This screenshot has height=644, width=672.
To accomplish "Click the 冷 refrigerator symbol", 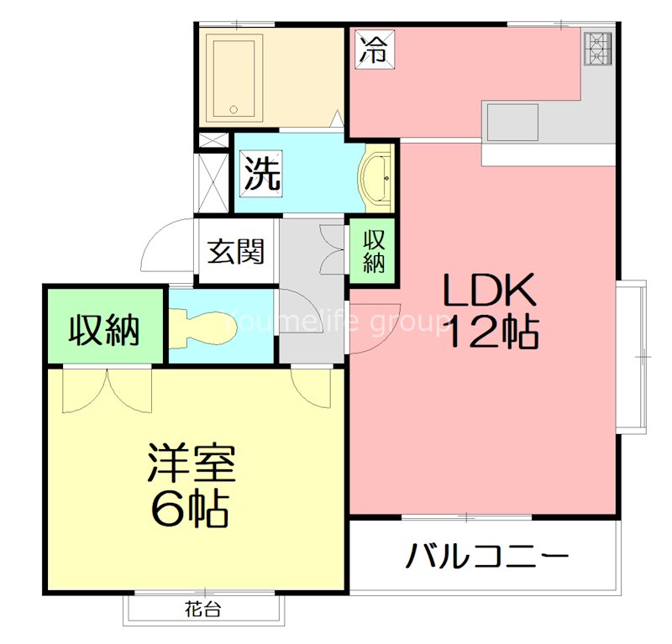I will coord(373,48).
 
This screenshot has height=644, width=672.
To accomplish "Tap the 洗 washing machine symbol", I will coord(262,172).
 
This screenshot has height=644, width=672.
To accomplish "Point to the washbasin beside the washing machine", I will coord(376,177).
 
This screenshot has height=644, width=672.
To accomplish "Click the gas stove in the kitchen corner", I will coord(597,48).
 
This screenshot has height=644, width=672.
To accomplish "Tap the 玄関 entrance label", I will coord(236,250).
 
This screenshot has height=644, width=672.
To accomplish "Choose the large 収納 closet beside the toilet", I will coord(104,328).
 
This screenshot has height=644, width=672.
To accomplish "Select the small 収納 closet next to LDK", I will coord(373,250).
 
